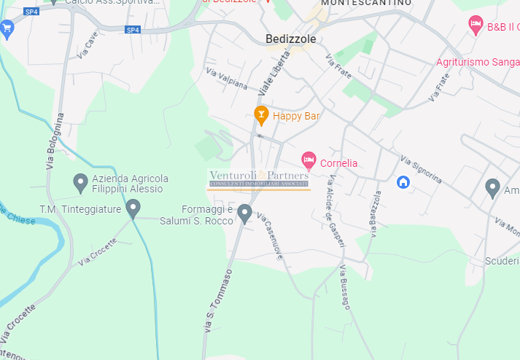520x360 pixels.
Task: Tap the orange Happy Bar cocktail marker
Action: (x=260, y=114)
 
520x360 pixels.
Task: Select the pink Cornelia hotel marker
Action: (x=308, y=160)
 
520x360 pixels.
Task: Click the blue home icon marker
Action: (x=403, y=181)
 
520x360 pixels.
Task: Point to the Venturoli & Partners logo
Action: (x=259, y=179)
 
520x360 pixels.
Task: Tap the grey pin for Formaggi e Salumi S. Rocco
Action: (x=245, y=213)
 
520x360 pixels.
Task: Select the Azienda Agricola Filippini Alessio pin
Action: (x=81, y=183)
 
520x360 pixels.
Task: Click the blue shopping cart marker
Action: (x=7, y=29)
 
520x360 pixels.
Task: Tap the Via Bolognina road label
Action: (x=55, y=141)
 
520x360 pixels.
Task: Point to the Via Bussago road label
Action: (x=344, y=288)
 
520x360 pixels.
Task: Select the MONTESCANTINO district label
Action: (x=365, y=4)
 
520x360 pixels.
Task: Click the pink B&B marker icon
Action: (x=476, y=26)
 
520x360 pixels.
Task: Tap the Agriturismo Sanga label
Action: (x=477, y=62)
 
